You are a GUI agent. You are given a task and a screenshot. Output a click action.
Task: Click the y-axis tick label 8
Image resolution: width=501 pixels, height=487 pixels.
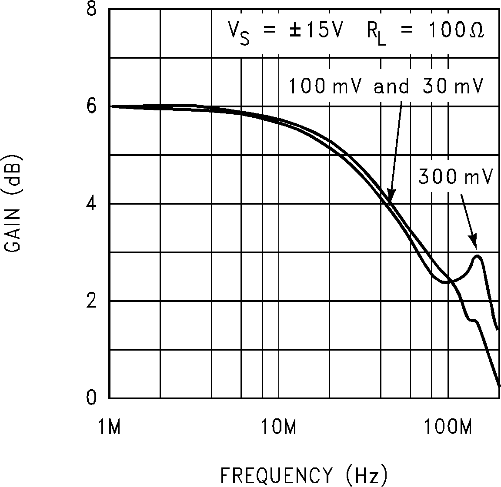pos(91,10)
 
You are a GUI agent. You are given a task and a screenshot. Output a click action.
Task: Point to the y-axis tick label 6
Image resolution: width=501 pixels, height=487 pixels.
pos(91,106)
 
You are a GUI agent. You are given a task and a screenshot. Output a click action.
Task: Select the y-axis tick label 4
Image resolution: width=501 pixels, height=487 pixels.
pos(91,204)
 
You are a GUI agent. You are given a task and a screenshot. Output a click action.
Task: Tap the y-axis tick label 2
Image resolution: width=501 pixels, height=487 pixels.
pos(91,301)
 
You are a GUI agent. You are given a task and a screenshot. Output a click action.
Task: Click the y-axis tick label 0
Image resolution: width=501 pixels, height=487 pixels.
pos(91,398)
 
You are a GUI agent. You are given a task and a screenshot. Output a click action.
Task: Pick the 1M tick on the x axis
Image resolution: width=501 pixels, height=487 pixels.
pos(109,427)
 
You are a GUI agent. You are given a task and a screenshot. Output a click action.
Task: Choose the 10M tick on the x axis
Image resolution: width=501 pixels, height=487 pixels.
pos(278,427)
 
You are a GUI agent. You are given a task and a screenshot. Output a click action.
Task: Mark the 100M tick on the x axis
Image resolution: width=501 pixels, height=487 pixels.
pos(448,427)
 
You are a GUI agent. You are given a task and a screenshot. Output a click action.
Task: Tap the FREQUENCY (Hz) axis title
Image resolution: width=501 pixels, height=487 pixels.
pos(304,475)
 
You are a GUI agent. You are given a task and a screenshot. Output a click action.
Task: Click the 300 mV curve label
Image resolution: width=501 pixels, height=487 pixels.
pos(455,177)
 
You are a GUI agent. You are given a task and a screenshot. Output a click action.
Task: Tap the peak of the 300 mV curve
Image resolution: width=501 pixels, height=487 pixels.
pos(478,256)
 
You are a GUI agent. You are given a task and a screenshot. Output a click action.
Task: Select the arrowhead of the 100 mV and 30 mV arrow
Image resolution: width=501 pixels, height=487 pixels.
pos(391,198)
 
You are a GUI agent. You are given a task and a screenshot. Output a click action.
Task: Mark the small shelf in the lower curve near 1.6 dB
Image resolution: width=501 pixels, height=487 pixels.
pos(473,321)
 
